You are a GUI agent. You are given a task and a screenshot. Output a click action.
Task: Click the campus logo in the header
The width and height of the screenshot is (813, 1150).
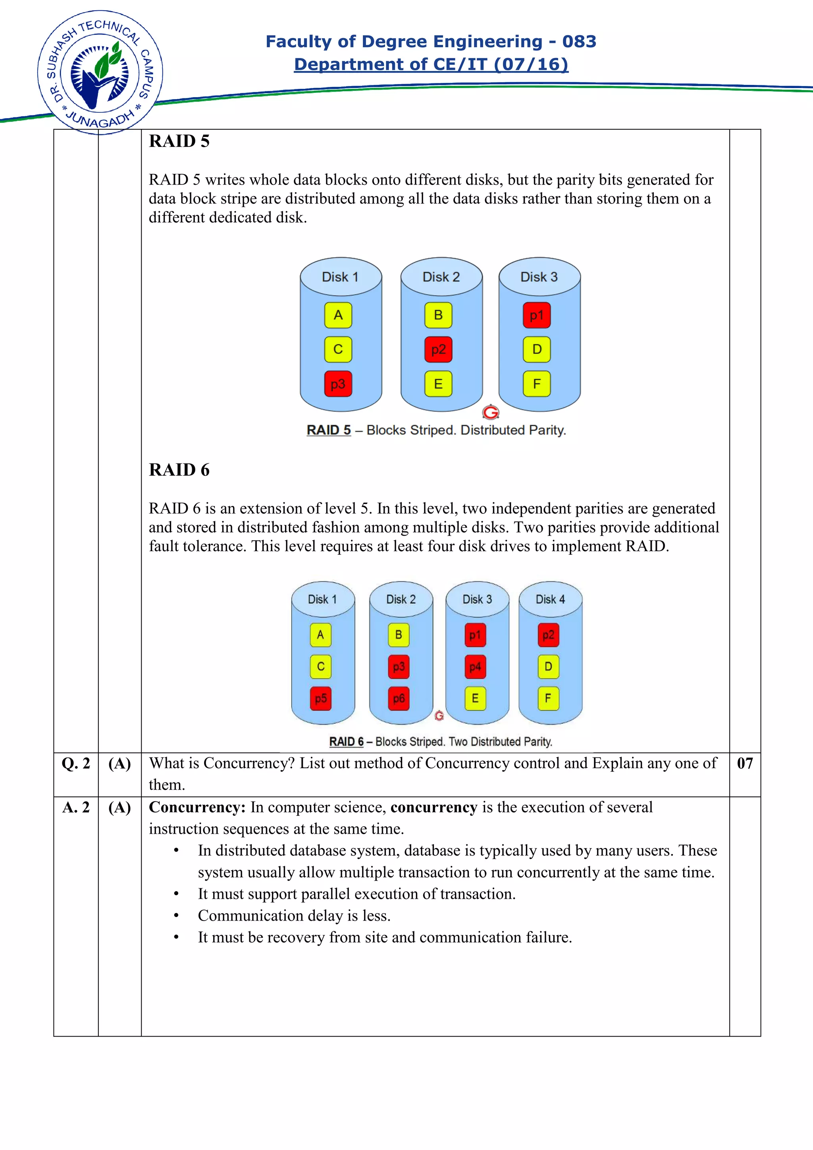[100, 73]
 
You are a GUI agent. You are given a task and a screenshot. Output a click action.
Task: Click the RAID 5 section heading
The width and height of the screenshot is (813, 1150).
[179, 141]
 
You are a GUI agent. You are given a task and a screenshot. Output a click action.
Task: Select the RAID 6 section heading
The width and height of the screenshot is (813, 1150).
[179, 470]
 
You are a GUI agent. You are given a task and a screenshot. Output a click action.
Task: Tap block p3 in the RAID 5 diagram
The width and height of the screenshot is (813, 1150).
[338, 384]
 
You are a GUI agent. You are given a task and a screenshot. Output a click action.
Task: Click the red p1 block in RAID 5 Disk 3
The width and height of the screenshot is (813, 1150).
[536, 315]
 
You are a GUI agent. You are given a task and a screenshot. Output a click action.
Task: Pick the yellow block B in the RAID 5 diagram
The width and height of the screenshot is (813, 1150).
[438, 315]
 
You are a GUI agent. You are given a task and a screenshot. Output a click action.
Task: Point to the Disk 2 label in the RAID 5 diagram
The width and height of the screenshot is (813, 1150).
[441, 277]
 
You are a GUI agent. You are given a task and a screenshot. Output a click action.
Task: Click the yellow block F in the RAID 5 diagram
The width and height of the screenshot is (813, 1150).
[536, 384]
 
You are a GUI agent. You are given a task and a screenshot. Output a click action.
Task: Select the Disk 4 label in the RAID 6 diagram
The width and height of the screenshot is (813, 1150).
[550, 600]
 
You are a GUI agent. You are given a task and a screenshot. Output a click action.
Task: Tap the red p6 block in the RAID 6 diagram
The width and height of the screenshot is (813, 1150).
[399, 699]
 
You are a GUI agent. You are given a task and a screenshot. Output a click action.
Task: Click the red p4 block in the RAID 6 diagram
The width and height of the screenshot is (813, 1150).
[475, 667]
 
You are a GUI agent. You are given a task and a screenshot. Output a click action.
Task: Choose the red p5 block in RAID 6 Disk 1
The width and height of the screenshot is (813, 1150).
[321, 699]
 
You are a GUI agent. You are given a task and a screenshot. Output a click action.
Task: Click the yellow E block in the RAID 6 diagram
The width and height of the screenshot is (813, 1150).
[475, 699]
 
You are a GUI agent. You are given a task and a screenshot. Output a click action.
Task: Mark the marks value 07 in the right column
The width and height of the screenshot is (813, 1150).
[744, 763]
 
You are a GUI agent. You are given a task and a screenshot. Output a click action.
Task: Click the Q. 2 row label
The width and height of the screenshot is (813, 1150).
[76, 763]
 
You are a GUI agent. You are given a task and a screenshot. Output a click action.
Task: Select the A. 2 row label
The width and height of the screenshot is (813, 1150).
[76, 808]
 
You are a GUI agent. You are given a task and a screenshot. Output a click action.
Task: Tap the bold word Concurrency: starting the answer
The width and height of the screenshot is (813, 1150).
[197, 808]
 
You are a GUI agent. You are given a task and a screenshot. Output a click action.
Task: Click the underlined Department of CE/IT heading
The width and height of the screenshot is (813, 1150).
[431, 64]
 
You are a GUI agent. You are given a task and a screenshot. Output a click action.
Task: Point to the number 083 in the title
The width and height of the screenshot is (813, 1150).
[579, 41]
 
